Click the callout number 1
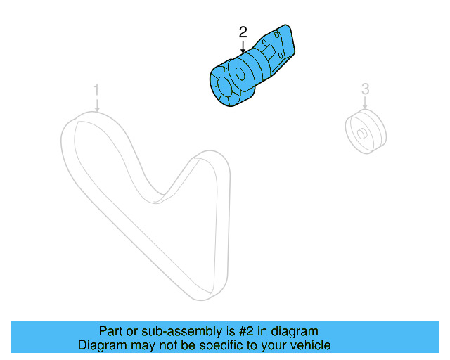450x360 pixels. coord(96,90)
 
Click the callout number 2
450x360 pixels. coord(243,32)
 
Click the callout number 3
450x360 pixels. coord(365,89)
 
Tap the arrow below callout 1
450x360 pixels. coord(97,105)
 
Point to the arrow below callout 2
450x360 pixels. coord(243,48)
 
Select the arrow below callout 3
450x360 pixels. coord(365,104)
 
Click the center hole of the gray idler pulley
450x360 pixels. coord(361,133)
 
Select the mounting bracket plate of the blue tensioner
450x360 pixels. coord(281,46)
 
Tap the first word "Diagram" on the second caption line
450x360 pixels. coord(101,345)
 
